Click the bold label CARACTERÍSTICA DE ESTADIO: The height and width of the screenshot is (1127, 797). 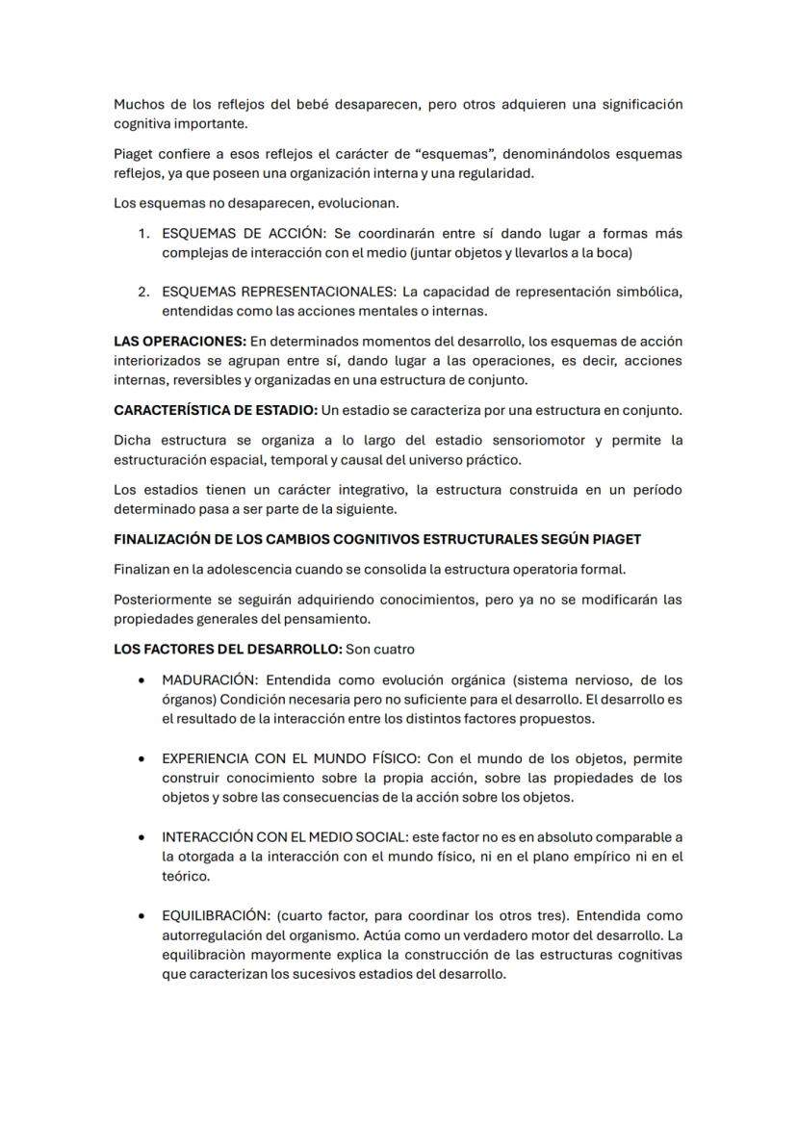215,410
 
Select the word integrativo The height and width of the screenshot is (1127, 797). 343,490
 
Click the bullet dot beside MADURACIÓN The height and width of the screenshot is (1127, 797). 141,679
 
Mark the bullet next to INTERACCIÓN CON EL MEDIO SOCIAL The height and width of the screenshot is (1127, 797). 141,837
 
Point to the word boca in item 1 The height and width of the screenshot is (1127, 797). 609,253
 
